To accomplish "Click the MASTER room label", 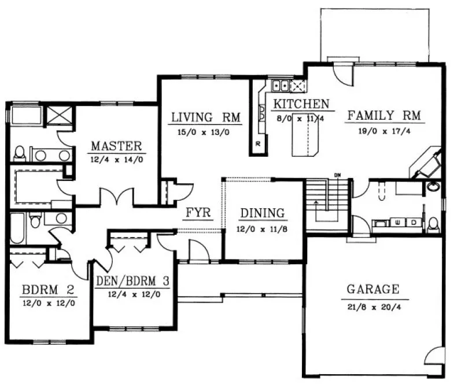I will (x=116, y=145).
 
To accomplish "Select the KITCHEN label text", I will (x=301, y=104).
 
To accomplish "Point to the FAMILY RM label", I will (x=385, y=116).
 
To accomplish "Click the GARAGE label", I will (x=372, y=289).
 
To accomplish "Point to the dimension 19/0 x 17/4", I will (x=385, y=131).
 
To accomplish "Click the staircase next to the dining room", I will (x=327, y=205).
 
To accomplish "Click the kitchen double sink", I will (x=282, y=86).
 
